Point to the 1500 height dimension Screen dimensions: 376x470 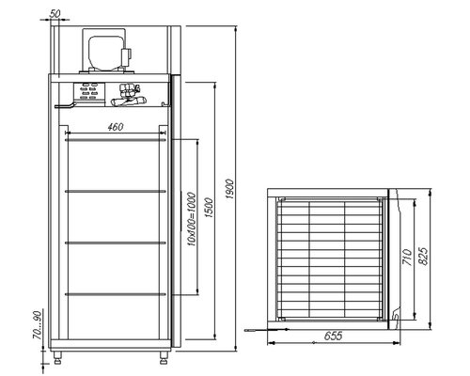point(211,211)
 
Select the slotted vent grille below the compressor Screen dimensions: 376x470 point(92,92)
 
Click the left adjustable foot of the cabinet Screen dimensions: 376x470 point(62,355)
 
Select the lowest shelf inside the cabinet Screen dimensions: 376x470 point(116,300)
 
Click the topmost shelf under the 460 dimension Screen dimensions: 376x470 point(116,139)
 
